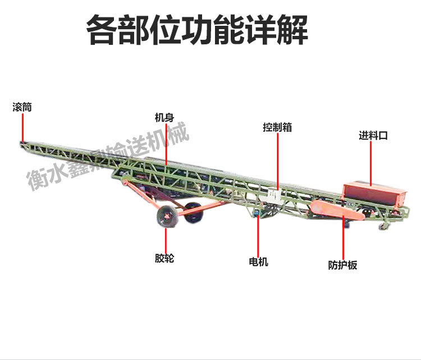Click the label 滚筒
22,107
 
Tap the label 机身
164,118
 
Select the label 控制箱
277,127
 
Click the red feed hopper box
373,194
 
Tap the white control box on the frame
275,196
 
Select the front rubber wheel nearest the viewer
166,216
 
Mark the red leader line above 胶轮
166,238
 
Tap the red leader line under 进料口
372,163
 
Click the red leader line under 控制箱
277,160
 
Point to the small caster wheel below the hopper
384,225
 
